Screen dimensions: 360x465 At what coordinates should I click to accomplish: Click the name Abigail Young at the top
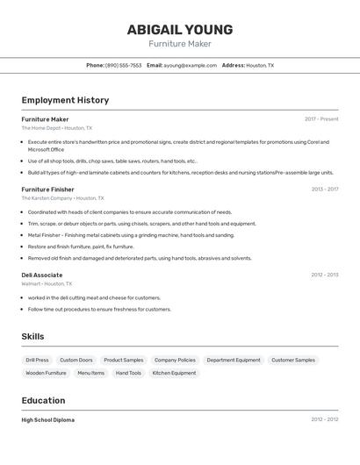[x=180, y=29]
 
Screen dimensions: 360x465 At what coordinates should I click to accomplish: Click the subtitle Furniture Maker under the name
[x=180, y=44]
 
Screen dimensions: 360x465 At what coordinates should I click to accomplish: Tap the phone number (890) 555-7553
[x=123, y=65]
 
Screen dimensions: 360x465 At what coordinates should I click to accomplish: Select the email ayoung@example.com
[x=190, y=65]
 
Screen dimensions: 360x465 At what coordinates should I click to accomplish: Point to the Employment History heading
[x=65, y=100]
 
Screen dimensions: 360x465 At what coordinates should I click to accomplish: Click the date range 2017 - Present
[x=321, y=119]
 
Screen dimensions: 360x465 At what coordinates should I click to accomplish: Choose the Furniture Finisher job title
[x=47, y=190]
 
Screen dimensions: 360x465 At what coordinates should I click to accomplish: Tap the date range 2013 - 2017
[x=324, y=190]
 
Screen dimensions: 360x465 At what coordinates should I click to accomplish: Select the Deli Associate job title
[x=42, y=275]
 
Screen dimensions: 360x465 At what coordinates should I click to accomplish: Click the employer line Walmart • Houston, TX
[x=47, y=284]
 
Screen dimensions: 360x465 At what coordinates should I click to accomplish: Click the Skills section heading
[x=32, y=337]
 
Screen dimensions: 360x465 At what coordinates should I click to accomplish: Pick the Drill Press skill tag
[x=37, y=360]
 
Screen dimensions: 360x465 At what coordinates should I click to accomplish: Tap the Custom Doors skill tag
[x=76, y=360]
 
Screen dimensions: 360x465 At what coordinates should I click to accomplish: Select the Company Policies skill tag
[x=175, y=360]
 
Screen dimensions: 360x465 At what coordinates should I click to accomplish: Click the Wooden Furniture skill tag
[x=46, y=373]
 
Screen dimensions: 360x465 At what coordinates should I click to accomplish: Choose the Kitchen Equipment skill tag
[x=174, y=373]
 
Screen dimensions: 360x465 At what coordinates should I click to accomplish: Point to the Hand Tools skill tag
[x=128, y=373]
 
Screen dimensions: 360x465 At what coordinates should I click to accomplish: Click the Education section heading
[x=44, y=401]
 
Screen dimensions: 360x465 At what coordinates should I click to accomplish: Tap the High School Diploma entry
[x=48, y=420]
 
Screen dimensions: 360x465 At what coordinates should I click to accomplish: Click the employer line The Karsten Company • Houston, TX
[x=62, y=198]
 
